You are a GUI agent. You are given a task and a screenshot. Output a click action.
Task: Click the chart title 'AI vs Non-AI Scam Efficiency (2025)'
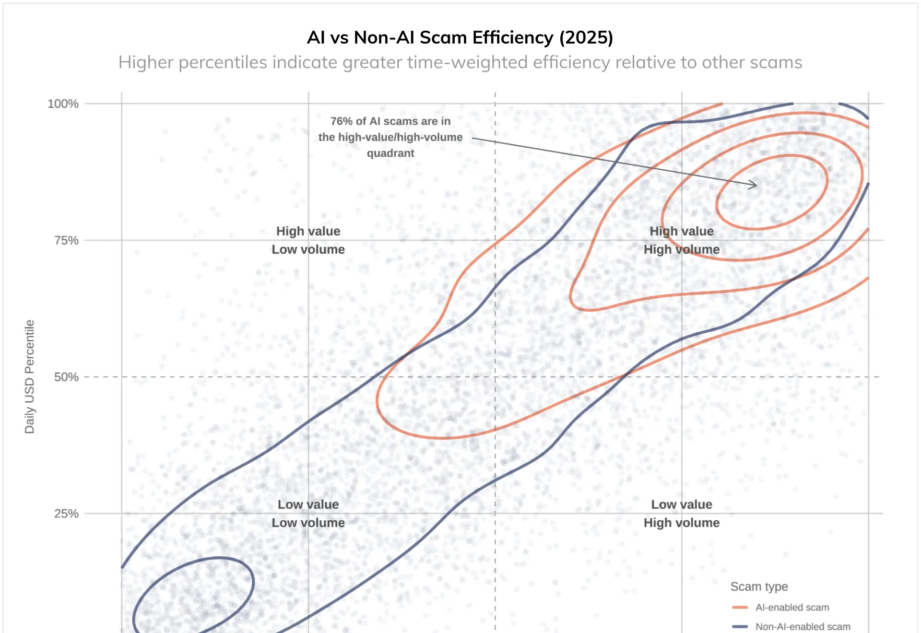pos(460,37)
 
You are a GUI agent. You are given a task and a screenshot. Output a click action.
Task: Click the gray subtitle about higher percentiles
pos(460,62)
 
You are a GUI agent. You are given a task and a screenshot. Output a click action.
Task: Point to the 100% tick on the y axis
pos(63,104)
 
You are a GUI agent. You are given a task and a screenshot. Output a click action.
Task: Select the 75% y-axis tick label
pos(66,240)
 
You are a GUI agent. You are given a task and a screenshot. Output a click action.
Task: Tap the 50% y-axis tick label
pos(66,377)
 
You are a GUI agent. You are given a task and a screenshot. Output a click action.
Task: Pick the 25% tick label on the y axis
pos(66,514)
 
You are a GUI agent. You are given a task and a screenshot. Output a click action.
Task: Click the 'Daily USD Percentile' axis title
pos(30,376)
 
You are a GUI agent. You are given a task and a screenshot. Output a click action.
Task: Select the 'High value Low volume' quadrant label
pos(308,240)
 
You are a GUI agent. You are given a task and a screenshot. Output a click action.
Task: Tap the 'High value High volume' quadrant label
pos(681,240)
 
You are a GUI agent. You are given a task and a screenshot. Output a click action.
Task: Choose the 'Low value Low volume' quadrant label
pos(308,514)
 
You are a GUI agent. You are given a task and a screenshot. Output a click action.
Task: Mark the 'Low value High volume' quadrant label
pos(681,514)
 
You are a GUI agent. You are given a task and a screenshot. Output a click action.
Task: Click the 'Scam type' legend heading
pos(759,586)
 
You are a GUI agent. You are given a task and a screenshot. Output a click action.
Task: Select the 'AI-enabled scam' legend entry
pos(792,608)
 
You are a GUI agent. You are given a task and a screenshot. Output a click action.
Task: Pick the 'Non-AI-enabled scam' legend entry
pos(803,627)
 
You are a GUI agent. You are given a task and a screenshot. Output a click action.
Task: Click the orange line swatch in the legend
pos(740,608)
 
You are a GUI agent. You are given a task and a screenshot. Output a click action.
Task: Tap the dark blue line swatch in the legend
pos(740,626)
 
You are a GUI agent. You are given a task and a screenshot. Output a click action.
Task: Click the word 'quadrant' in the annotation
pos(390,153)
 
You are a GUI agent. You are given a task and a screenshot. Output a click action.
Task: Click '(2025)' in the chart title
pos(586,37)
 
